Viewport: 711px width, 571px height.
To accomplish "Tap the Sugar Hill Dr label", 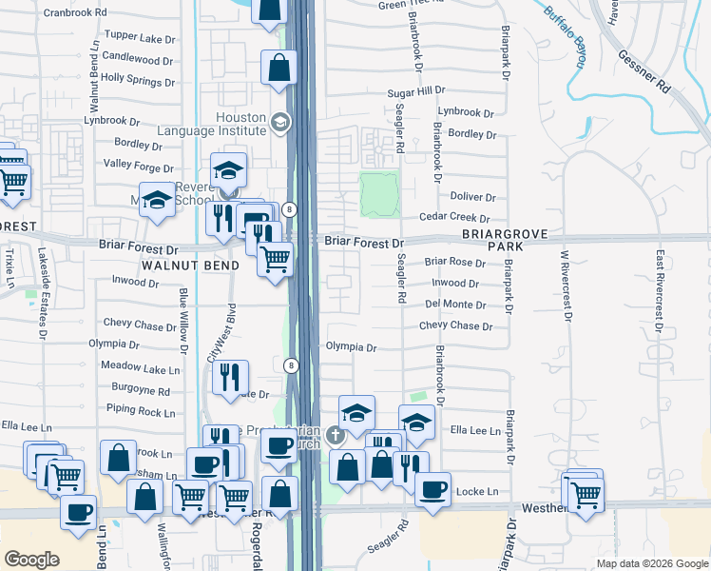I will [x=415, y=91].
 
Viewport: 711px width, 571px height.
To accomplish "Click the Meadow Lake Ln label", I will [x=140, y=368].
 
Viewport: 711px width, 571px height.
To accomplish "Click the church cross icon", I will [x=334, y=437].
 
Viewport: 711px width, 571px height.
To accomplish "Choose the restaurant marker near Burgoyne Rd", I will [x=231, y=378].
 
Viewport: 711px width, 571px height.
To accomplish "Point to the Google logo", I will [x=31, y=560].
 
